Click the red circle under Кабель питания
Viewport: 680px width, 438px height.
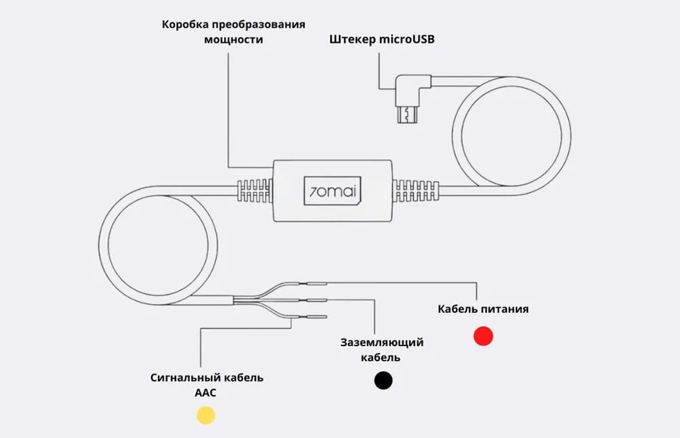tap(483, 336)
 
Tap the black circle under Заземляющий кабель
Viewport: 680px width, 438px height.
tap(383, 380)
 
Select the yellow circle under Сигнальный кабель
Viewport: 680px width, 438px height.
tap(206, 415)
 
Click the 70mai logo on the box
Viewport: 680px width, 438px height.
tap(332, 190)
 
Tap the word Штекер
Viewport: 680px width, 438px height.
tap(352, 39)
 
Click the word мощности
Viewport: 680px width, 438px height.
tap(233, 39)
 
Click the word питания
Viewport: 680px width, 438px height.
tap(506, 309)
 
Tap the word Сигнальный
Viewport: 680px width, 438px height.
tap(180, 377)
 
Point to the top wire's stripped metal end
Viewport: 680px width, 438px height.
tap(317, 283)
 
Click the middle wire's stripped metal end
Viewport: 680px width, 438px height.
tap(317, 299)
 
